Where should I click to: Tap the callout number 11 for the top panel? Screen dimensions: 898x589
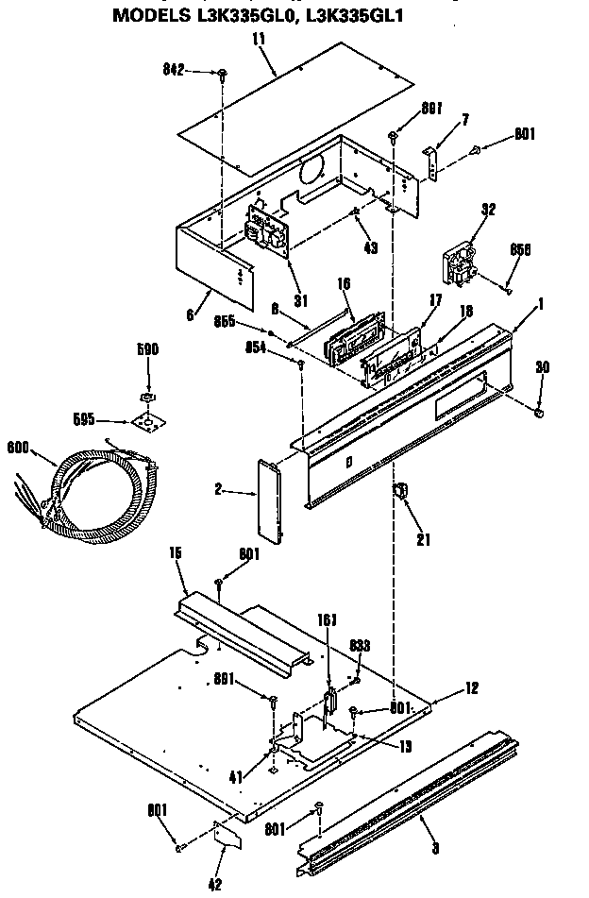259,39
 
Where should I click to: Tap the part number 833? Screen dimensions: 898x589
360,645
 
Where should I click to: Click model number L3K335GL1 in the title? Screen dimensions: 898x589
340,16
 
